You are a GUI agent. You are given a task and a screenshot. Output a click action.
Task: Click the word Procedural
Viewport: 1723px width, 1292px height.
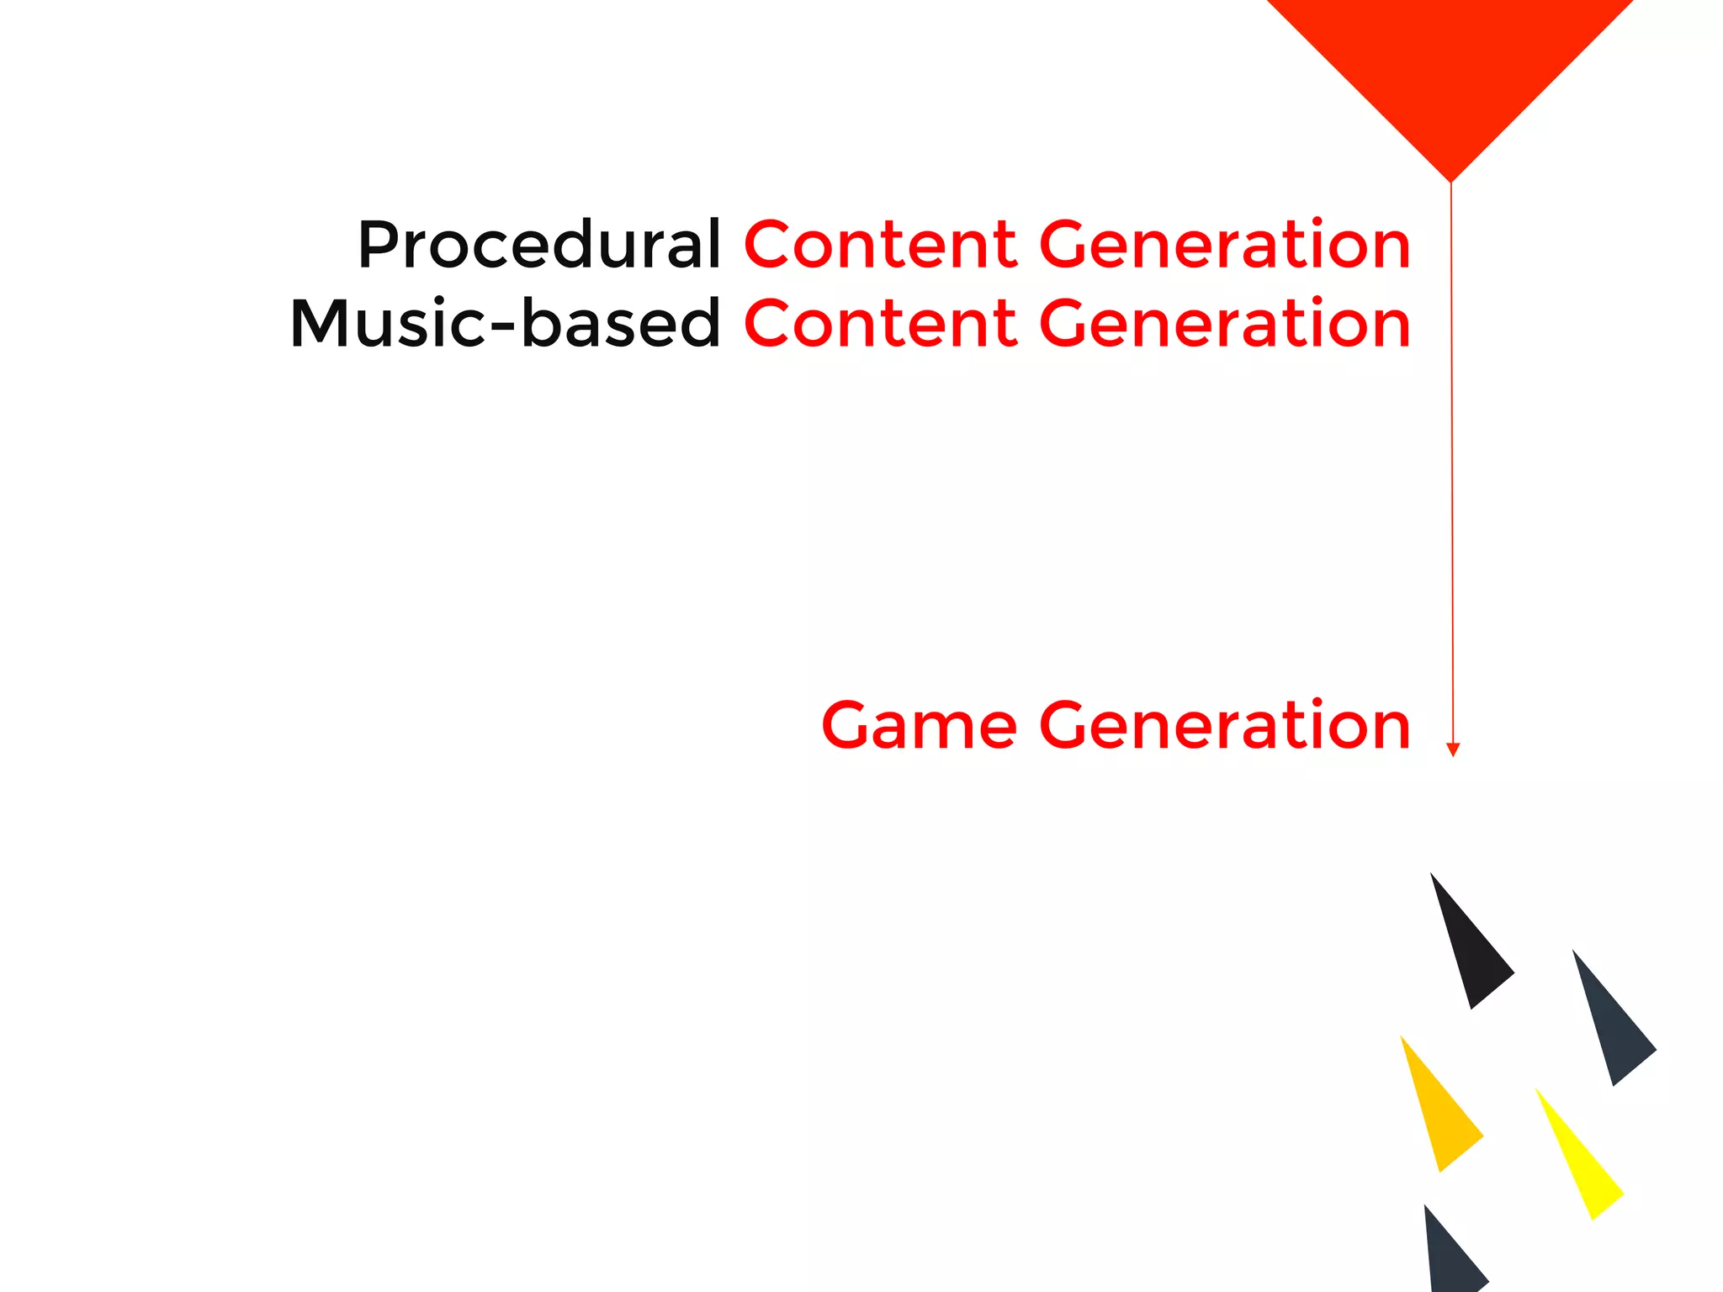538,245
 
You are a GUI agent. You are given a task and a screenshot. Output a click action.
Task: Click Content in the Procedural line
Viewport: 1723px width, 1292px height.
880,245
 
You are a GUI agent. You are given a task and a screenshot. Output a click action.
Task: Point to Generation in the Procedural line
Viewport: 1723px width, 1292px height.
1225,245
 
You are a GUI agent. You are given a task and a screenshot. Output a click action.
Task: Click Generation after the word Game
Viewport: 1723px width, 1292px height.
1225,725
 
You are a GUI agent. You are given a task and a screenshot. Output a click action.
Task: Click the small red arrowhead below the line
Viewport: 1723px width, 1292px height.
1452,749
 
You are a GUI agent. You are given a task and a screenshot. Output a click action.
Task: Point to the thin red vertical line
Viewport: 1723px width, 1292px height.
1451,463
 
